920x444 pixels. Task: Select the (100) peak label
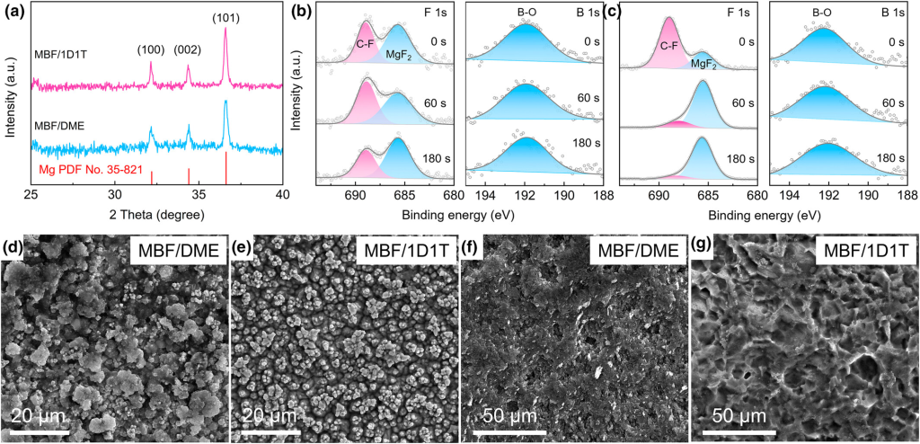point(151,50)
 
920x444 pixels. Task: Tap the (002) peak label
point(188,50)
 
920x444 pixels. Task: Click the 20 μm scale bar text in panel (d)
point(49,416)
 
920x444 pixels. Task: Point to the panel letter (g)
point(704,244)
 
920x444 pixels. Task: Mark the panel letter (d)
point(15,244)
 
